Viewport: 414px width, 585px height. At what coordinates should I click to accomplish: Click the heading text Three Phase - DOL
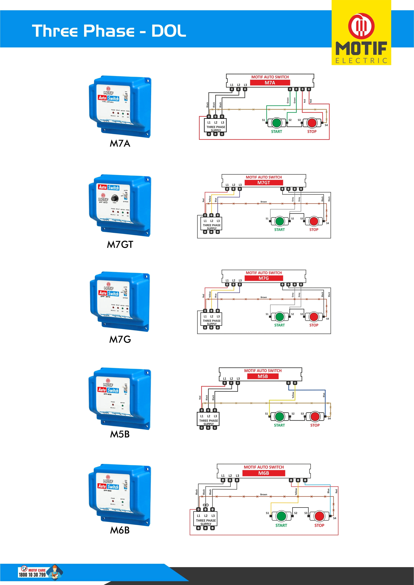pos(109,31)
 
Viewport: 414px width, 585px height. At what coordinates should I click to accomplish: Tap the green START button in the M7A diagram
pos(276,123)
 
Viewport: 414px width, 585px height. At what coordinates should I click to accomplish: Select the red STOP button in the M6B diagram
pos(319,516)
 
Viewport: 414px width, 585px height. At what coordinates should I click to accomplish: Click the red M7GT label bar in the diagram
pos(264,183)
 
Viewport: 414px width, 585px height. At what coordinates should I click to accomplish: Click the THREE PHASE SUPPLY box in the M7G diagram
pos(212,320)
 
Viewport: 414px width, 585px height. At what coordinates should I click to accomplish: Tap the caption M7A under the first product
pos(120,143)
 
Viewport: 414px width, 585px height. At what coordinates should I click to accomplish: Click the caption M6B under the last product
pos(120,530)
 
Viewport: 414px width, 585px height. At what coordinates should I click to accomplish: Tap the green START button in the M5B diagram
pos(279,417)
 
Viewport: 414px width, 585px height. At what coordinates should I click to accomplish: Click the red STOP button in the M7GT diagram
pos(314,221)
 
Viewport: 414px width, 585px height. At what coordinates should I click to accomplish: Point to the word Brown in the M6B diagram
pos(264,494)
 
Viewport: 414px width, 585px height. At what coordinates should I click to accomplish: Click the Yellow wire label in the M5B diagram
pos(293,395)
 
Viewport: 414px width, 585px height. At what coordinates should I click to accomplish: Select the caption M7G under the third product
pos(120,339)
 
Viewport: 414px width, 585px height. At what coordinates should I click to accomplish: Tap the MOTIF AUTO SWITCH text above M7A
pos(270,77)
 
